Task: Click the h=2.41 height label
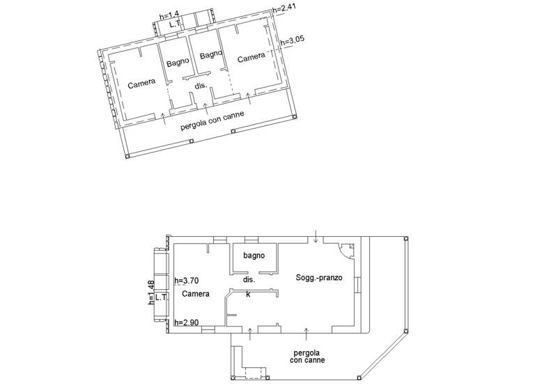tap(285, 9)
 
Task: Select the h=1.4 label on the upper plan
tap(169, 14)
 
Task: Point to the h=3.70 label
tap(188, 281)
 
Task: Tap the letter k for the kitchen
tap(248, 294)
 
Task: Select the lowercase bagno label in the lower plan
tap(254, 256)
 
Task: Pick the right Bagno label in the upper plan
tap(210, 55)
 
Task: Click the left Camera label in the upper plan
tap(141, 84)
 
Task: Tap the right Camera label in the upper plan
tap(251, 58)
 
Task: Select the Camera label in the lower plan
tap(196, 294)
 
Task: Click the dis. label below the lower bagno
tap(249, 279)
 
